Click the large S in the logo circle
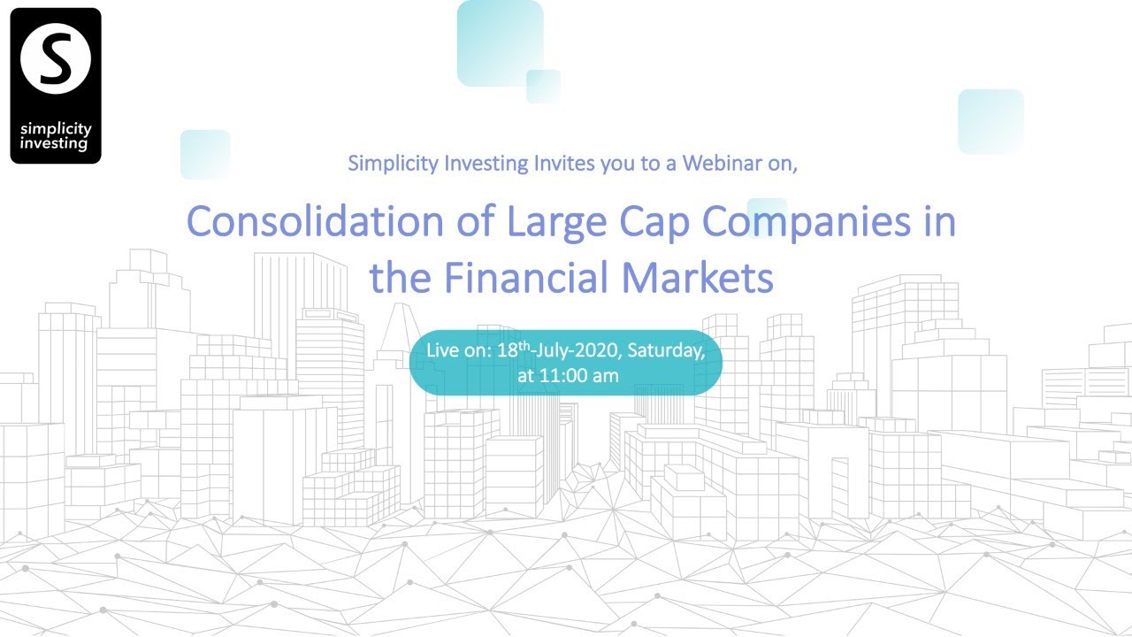pos(56,59)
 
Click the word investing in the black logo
pos(56,143)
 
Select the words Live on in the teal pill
pos(458,350)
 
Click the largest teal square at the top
pos(500,42)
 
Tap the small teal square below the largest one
pos(543,86)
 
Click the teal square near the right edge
pos(990,121)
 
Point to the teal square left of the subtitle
pos(205,154)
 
